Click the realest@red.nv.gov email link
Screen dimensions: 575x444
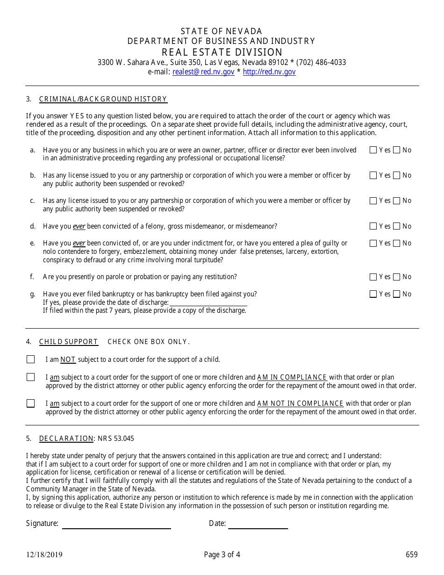203,72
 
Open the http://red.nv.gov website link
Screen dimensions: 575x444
269,72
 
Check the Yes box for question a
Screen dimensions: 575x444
373,150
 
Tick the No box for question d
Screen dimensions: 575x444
397,226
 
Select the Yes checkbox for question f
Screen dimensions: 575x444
373,277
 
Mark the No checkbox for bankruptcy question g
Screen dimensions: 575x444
397,294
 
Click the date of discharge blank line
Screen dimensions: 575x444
208,302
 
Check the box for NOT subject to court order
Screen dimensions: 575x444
31,359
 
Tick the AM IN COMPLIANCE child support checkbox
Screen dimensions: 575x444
31,377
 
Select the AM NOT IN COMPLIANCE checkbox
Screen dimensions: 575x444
31,403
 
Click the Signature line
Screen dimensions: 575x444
116,524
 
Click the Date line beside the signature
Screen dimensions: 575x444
258,524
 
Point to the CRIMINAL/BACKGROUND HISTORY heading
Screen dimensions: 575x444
103,99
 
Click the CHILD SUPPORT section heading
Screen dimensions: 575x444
68,342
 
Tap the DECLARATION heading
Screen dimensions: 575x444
66,438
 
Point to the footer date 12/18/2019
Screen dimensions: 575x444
44,555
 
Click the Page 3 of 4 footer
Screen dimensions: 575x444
222,555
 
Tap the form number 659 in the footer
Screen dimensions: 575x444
411,555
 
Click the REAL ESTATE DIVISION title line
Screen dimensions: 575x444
222,52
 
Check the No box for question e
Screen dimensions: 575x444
397,243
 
